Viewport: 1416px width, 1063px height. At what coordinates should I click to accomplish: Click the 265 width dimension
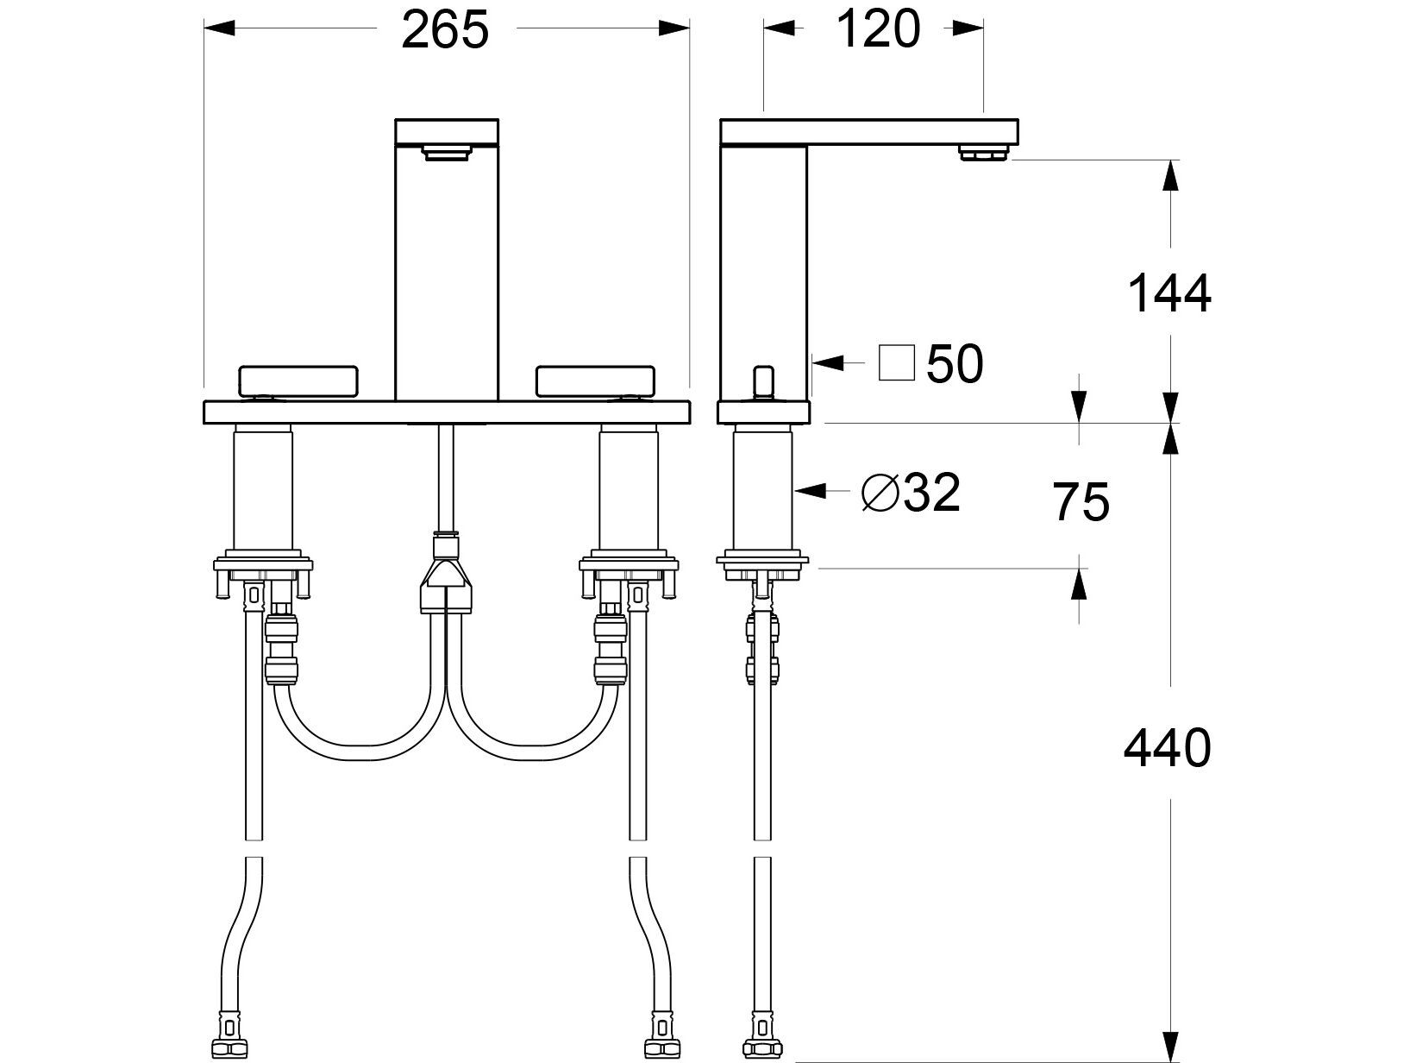coord(446,31)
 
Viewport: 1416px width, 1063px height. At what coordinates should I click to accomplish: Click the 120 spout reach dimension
coord(878,31)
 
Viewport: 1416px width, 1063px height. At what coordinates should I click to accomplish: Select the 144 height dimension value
coord(1169,294)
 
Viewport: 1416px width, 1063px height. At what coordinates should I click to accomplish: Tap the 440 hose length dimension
coord(1167,749)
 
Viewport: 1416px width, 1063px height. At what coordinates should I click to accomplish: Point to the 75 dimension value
coord(1081,503)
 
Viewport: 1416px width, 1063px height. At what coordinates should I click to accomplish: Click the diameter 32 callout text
coord(912,494)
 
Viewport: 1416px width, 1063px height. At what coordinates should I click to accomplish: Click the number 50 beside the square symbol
coord(955,365)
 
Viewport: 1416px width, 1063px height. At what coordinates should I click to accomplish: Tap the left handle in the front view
coord(298,381)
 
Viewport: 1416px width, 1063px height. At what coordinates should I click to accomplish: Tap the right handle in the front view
coord(596,381)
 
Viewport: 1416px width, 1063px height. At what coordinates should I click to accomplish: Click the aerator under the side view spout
coord(983,154)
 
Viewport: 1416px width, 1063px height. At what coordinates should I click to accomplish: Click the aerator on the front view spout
coord(447,154)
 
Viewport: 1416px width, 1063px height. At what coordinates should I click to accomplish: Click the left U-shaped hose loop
coord(359,733)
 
